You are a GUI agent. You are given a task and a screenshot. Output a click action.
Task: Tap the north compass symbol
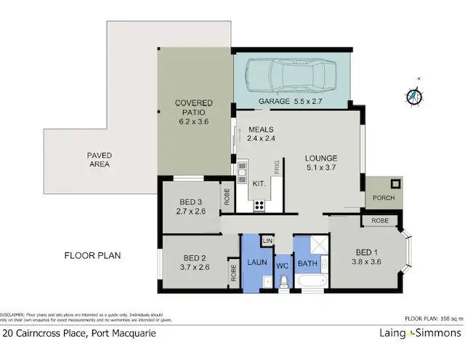[414, 95]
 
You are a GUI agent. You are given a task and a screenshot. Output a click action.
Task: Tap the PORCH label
[383, 198]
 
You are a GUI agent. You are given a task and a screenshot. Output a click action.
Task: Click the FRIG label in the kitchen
[276, 167]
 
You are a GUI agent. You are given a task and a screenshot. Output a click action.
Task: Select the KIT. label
[259, 184]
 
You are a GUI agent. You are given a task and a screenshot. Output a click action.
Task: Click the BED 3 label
[190, 206]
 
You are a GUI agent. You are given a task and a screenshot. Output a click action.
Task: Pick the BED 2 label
[195, 263]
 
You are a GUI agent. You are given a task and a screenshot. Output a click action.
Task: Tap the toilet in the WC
[284, 281]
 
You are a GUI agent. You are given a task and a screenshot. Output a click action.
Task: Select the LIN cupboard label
[267, 240]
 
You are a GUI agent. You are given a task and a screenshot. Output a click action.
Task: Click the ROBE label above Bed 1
[379, 220]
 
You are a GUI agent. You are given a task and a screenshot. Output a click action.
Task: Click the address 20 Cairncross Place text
[78, 334]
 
